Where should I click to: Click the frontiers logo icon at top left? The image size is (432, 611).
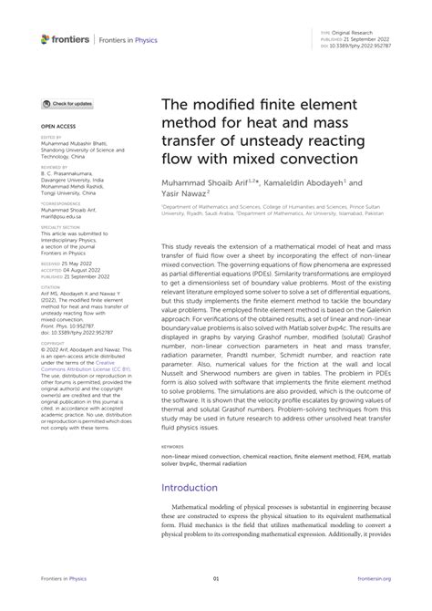(x=46, y=38)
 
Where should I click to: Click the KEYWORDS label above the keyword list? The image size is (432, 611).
(x=175, y=449)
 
